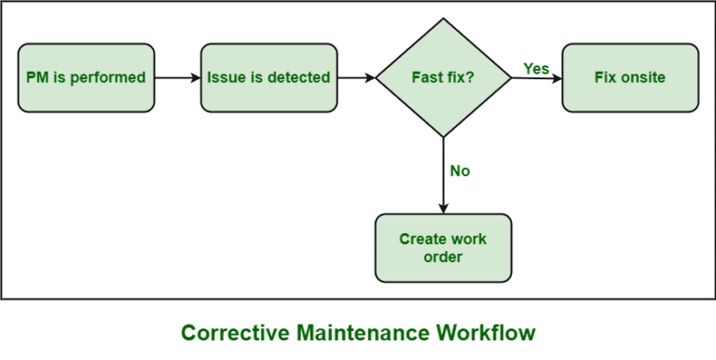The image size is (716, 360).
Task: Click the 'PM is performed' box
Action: pos(86,77)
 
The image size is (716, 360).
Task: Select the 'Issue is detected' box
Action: pos(269,77)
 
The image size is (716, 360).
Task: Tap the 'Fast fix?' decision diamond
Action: pos(443,77)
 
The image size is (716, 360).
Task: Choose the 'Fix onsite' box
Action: pos(629,77)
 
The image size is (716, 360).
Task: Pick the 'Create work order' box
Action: pos(443,247)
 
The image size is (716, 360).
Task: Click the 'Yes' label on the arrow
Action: pos(536,68)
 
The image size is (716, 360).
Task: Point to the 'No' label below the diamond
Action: pos(460,171)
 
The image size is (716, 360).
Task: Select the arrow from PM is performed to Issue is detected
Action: pos(177,77)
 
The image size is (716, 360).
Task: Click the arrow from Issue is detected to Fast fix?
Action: pos(356,77)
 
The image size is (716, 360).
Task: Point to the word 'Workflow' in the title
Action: pos(489,333)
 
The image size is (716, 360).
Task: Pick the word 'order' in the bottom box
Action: pos(443,256)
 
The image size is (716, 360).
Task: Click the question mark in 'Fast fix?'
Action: pos(470,77)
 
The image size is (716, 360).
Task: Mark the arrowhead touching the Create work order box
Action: pos(443,207)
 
